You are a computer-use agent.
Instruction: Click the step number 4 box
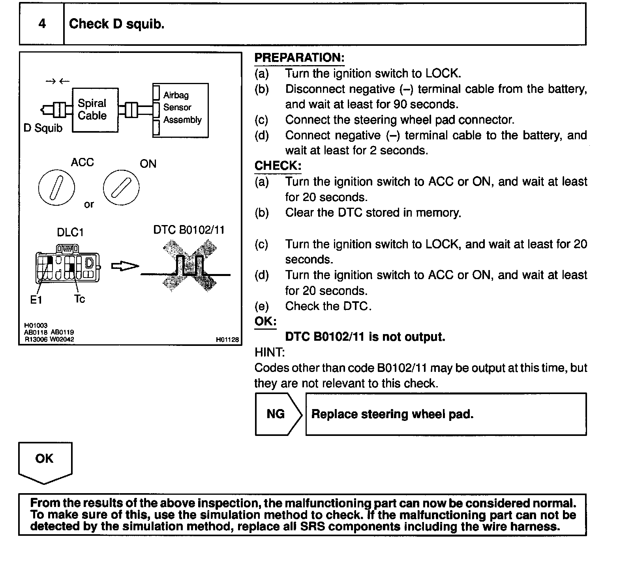pos(42,24)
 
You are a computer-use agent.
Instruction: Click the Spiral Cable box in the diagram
pos(95,110)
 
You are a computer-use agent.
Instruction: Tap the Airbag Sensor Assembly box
pos(181,110)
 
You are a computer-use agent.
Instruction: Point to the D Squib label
pos(43,128)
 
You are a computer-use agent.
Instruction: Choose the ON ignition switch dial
pos(121,188)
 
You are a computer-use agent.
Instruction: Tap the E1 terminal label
pos(36,300)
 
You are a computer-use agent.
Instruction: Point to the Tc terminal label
pos(79,299)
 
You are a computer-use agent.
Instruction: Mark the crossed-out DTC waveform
pos(189,267)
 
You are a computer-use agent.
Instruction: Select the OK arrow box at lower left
pos(45,462)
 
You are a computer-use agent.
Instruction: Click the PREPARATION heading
pos(299,58)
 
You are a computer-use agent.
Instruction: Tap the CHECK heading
pos(278,166)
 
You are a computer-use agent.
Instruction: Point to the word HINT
pos(269,352)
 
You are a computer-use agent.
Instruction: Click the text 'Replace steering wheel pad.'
pos(392,414)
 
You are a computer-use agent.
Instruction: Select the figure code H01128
pos(227,339)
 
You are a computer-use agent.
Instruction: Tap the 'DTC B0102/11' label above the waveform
pos(189,230)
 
